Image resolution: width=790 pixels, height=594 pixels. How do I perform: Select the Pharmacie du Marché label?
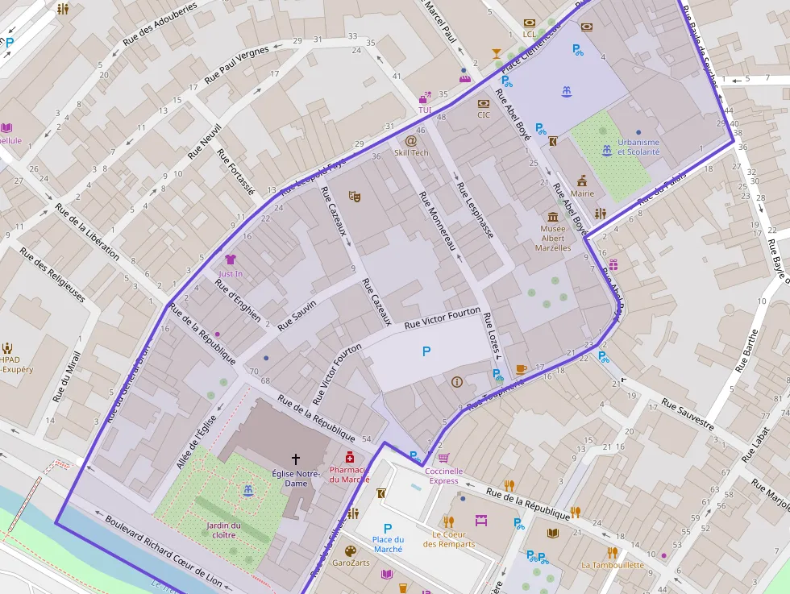point(349,474)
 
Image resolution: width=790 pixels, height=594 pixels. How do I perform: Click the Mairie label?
point(582,193)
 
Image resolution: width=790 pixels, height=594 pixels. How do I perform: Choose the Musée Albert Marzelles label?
point(553,238)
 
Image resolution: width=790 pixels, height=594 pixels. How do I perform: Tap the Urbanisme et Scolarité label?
point(638,147)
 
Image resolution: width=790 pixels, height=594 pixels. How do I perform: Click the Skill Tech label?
point(411,152)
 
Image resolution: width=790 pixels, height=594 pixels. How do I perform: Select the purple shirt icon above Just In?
point(231,260)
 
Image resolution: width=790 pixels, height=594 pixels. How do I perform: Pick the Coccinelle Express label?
point(445,476)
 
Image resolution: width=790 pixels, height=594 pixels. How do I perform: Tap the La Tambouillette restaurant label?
point(613,565)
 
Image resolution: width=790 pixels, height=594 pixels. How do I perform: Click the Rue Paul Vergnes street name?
point(236,64)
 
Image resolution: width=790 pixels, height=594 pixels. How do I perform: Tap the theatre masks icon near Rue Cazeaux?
point(353,196)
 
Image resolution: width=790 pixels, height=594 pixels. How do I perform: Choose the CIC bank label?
point(484,114)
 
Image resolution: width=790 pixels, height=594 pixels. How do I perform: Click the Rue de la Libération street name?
point(87,231)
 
